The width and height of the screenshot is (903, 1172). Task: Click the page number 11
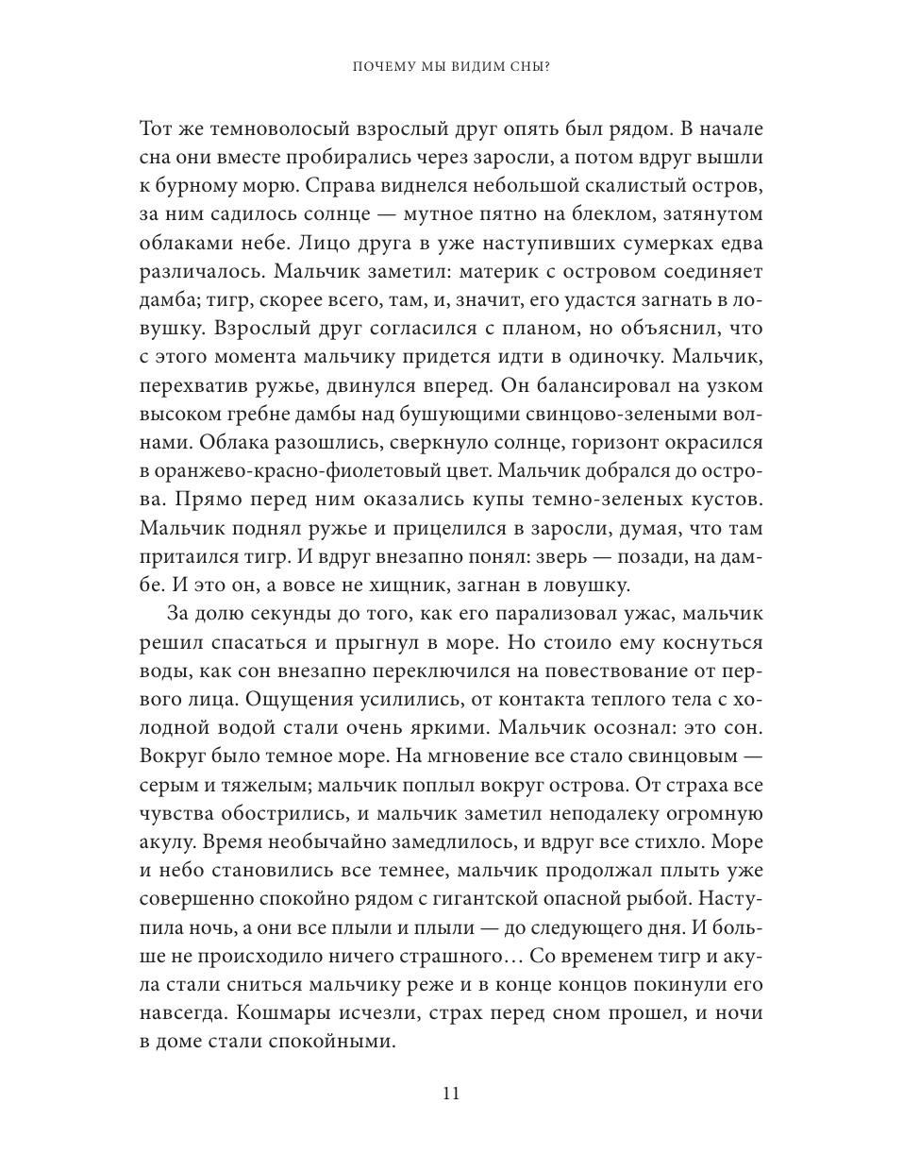(450, 1094)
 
